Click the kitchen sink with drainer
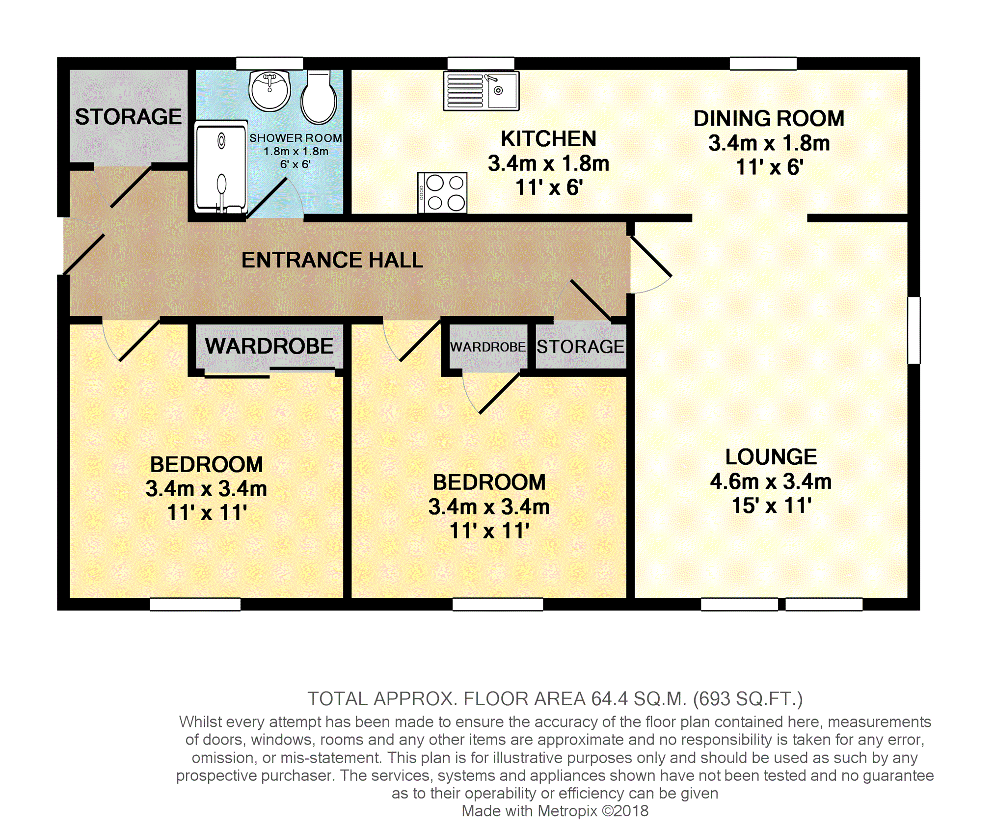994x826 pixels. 481,91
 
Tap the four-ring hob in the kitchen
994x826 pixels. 442,192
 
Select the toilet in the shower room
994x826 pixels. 319,97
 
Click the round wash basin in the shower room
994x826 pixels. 269,91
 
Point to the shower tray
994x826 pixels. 221,166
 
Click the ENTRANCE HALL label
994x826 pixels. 332,260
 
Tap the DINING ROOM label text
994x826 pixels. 769,118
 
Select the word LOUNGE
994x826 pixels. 771,457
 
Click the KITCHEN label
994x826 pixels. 548,139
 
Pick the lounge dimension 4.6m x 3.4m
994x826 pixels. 771,481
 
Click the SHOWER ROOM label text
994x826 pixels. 296,138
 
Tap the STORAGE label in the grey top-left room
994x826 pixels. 128,117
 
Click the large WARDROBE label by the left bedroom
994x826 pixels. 269,346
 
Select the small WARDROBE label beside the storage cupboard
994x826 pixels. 488,347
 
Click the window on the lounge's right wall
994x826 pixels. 913,330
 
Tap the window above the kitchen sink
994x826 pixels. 481,63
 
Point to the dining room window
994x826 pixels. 763,63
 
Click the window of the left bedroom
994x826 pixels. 195,604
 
